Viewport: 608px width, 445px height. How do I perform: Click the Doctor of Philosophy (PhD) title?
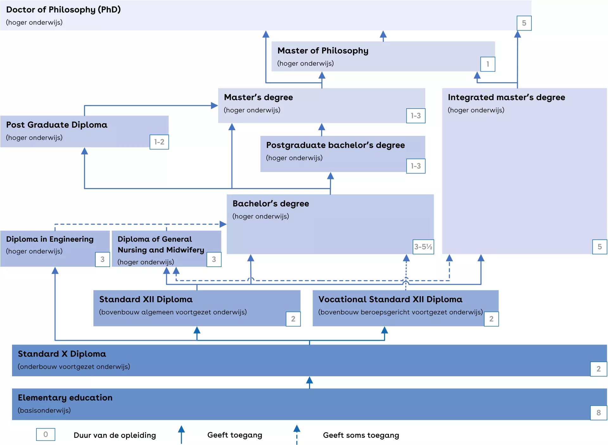(63, 10)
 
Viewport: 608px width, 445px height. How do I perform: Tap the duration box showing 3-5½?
(423, 247)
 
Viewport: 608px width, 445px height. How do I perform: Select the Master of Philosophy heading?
(323, 51)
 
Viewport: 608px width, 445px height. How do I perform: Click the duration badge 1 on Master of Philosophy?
(487, 64)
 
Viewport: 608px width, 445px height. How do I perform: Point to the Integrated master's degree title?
(506, 97)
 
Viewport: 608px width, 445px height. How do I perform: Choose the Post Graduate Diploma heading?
(57, 125)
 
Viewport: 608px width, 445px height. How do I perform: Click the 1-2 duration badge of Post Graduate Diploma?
(159, 142)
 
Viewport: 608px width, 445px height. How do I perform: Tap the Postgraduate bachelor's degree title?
(335, 145)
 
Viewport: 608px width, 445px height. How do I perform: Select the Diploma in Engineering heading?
(50, 239)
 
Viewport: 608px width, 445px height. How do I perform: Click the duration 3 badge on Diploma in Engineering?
(102, 259)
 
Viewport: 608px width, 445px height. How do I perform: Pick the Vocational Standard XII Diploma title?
(390, 299)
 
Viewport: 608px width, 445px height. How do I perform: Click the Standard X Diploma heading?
(62, 354)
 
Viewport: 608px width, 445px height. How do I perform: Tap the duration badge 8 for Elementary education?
(598, 413)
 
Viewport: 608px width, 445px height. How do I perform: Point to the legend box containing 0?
(46, 435)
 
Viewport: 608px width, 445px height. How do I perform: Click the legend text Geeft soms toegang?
(361, 435)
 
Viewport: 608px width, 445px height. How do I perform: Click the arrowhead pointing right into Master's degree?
(214, 105)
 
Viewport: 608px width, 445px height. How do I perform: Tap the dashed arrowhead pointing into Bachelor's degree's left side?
(223, 224)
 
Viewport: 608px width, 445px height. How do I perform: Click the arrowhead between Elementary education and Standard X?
(309, 380)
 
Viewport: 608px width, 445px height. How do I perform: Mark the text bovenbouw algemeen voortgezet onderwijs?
(173, 312)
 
